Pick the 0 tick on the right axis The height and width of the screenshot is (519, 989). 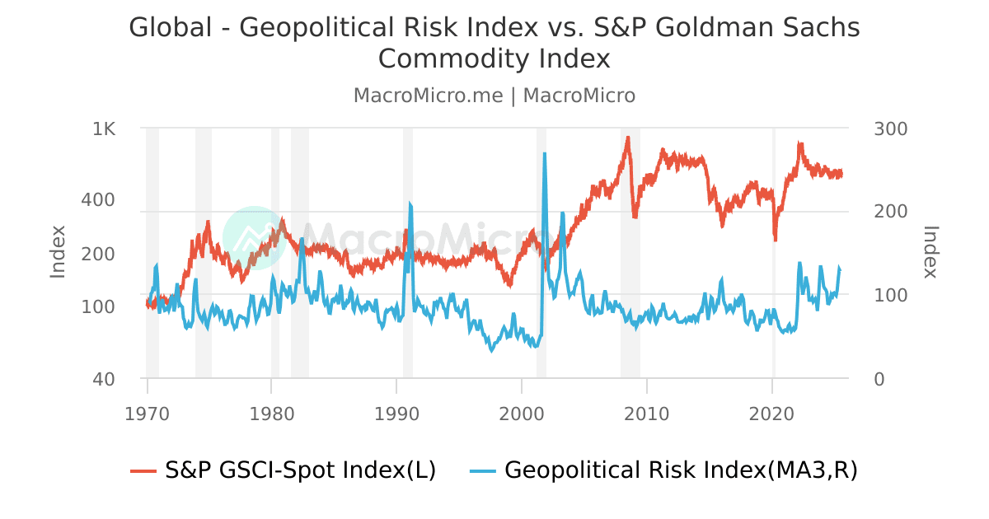click(879, 379)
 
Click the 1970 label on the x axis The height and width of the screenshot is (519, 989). click(147, 411)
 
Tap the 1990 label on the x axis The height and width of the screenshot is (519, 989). click(396, 411)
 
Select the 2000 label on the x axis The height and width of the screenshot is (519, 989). click(522, 411)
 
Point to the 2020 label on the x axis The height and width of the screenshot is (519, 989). click(772, 411)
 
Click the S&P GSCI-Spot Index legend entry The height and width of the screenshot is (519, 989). click(284, 470)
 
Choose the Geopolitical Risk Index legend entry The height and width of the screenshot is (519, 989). click(664, 470)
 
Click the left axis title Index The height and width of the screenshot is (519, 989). click(58, 251)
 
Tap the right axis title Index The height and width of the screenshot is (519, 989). click(930, 251)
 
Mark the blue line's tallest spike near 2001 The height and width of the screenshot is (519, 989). click(545, 154)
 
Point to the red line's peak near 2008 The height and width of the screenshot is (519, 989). click(628, 138)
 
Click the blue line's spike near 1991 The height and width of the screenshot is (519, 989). click(410, 203)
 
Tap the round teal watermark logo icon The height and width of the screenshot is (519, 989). click(254, 237)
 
